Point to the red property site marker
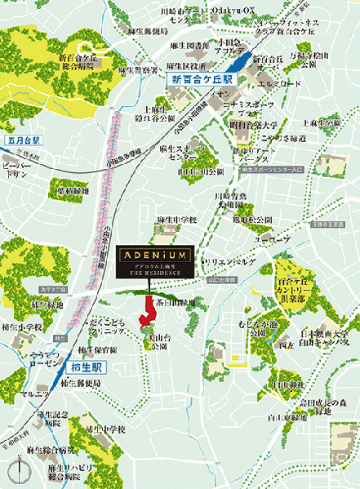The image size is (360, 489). pos(149,311)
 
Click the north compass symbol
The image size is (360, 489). pos(20,472)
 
